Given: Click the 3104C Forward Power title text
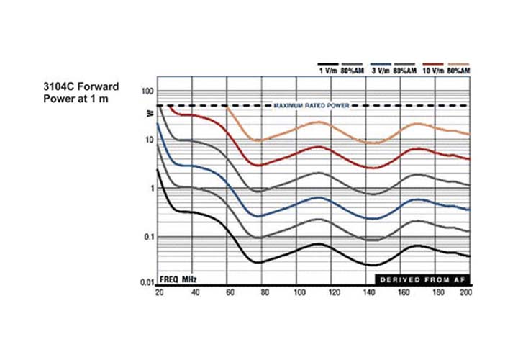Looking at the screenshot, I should [81, 92].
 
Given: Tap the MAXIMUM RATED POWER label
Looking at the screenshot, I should [311, 106].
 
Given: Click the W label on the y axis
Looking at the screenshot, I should [150, 113].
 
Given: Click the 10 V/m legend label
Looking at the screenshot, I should [432, 72].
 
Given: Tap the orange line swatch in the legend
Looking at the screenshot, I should [458, 64].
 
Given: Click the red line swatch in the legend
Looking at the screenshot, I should [432, 64].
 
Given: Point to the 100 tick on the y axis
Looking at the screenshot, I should [148, 92].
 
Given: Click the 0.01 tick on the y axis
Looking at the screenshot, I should [146, 284].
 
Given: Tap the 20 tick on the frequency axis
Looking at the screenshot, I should [159, 293].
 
